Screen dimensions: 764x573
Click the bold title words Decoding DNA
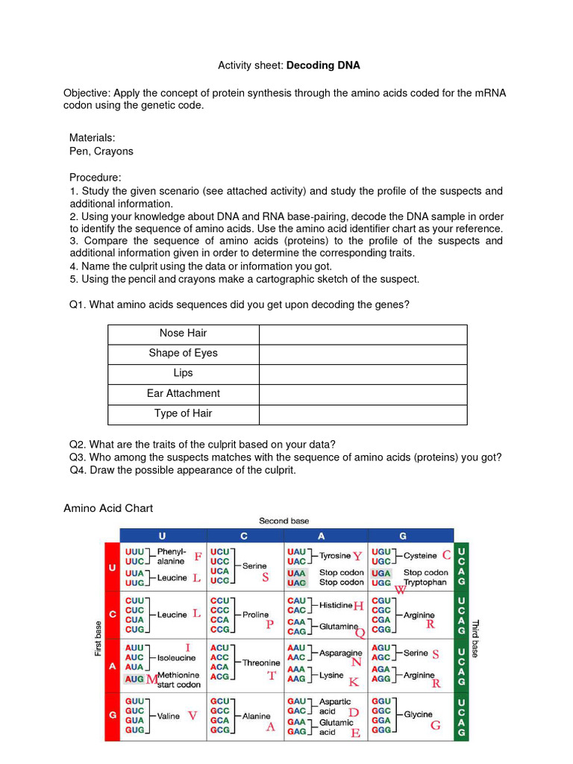tap(323, 66)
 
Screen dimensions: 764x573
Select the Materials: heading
tap(92, 138)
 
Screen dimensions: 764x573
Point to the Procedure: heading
tap(95, 178)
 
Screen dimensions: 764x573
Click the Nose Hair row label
tap(183, 334)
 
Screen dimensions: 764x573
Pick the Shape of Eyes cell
tap(183, 354)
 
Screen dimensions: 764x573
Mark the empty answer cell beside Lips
tap(363, 374)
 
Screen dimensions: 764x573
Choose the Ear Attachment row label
tap(183, 394)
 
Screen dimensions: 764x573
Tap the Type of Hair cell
tap(183, 414)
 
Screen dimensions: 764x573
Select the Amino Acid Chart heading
tap(108, 509)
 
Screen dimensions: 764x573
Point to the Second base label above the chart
tap(284, 521)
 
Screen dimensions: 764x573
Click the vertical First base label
tap(98, 639)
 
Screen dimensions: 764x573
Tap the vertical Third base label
tap(475, 639)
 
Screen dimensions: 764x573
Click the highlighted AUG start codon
tap(134, 679)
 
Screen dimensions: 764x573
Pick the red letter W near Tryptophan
tap(400, 589)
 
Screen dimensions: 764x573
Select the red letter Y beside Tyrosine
tap(357, 557)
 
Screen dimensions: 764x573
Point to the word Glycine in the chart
tap(418, 715)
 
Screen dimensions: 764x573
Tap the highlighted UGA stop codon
tap(381, 573)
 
